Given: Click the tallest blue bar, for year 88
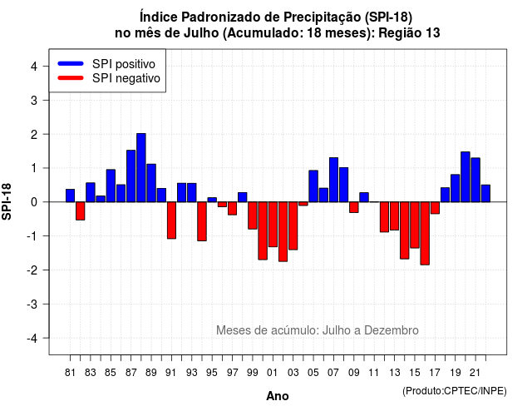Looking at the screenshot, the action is pos(140,168).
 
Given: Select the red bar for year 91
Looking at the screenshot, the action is pos(171,220).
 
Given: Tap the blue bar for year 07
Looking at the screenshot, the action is pos(333,180).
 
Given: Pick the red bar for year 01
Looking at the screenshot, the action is pos(273,224).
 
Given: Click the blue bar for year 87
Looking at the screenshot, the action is pos(131,176).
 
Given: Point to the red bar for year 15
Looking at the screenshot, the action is pos(415,225).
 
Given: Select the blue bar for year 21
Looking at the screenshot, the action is pos(475,180).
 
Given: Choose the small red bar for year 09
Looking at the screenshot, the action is pos(354,207).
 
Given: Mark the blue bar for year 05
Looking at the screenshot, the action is pos(313,186).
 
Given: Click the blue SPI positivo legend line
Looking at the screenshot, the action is pos(71,63).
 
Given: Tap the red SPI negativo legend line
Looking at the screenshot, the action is pos(71,78).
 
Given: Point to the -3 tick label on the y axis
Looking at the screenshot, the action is pos(32,305).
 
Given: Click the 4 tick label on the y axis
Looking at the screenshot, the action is pos(34,67).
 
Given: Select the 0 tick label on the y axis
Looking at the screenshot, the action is pos(34,202).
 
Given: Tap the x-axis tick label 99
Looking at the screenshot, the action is pos(252,373).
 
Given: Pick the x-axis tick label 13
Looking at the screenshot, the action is pos(394,373).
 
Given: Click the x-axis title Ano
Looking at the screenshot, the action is pos(278,396).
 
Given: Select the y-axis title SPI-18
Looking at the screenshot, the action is pos(7,201).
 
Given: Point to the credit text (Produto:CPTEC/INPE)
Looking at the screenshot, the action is pos(455,391).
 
